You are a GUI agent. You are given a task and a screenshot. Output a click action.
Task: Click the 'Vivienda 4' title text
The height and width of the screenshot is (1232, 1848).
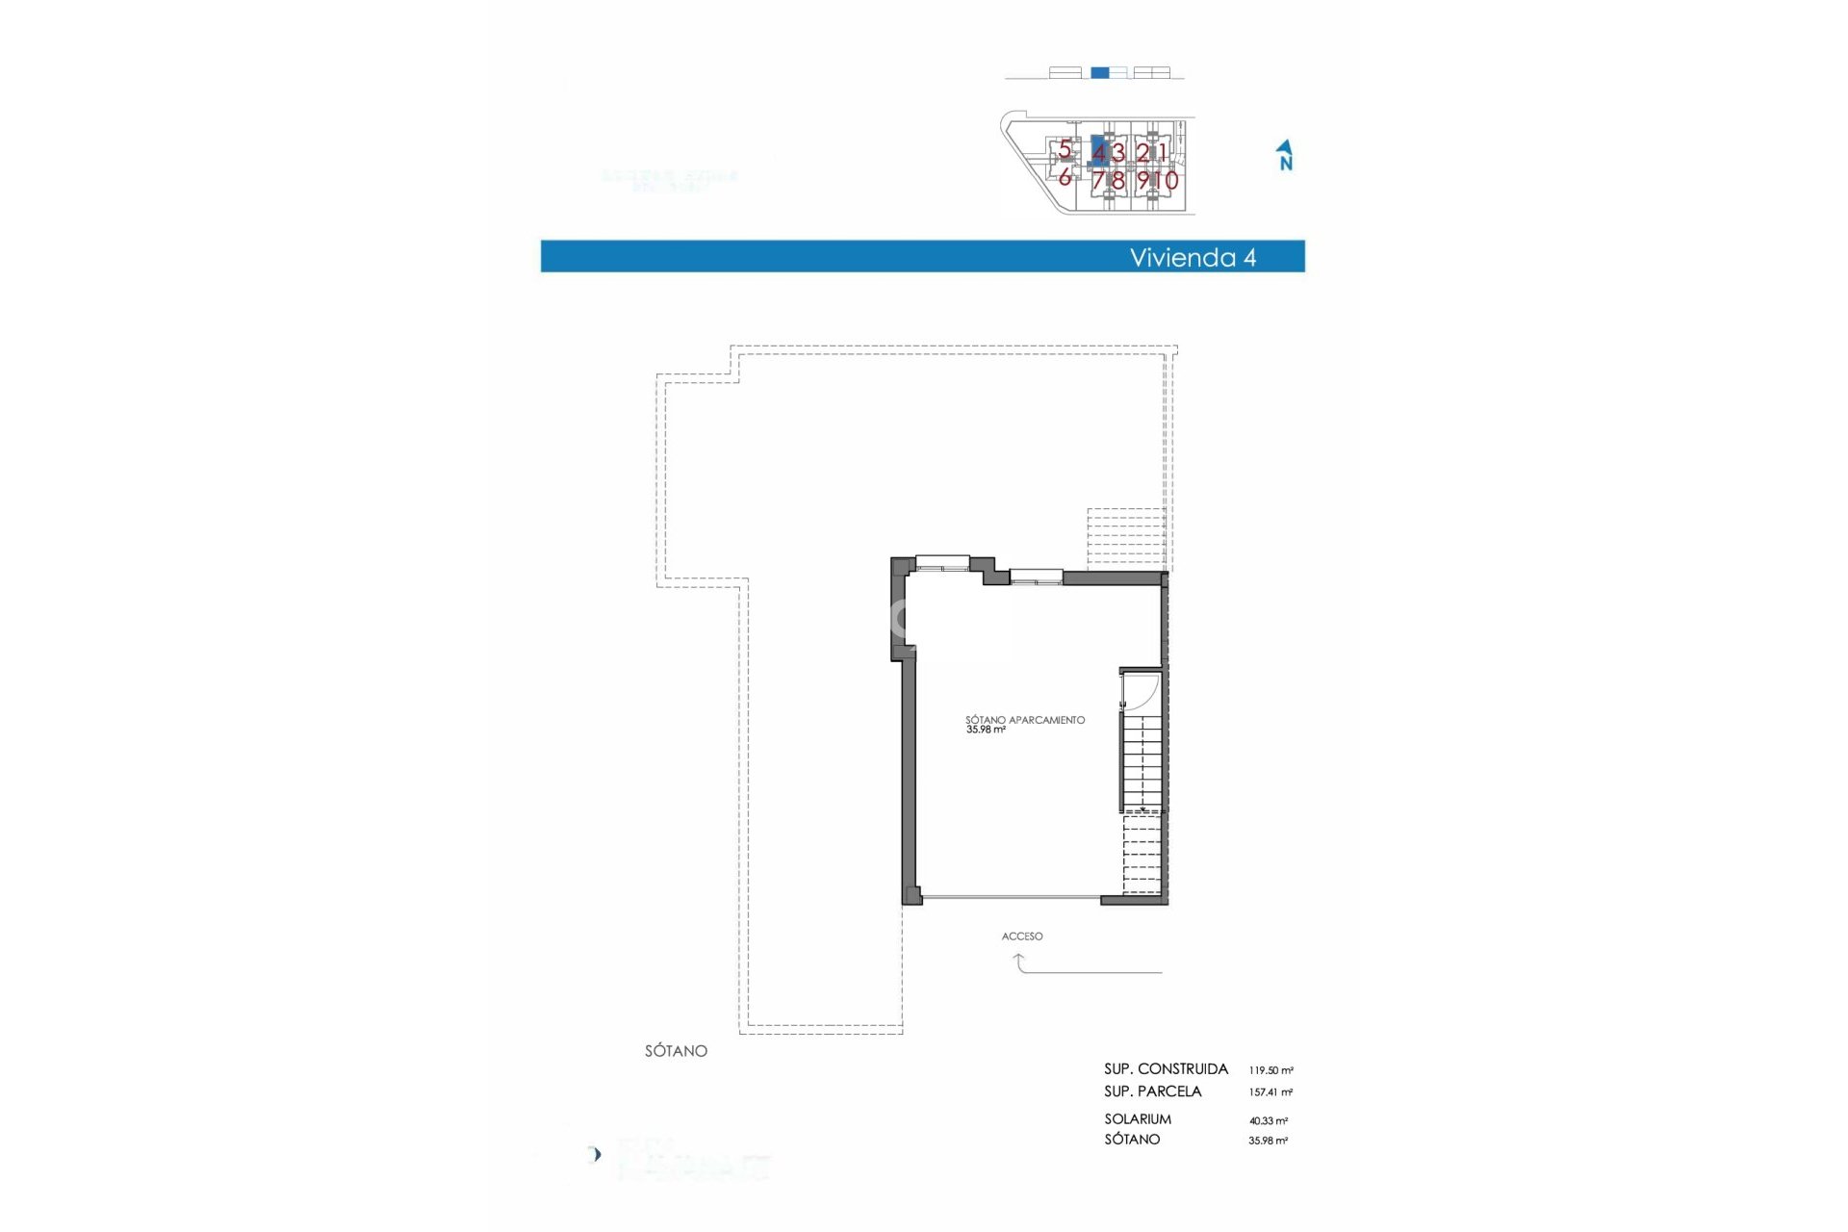[1193, 257]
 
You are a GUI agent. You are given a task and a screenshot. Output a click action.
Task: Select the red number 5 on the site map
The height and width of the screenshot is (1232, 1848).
[1065, 149]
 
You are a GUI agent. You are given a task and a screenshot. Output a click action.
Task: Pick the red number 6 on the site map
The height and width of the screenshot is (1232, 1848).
[1065, 178]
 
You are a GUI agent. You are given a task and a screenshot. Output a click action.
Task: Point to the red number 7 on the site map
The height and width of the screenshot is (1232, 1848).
[1098, 180]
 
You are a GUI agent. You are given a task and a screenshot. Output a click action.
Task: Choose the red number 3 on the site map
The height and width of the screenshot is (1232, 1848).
[1117, 152]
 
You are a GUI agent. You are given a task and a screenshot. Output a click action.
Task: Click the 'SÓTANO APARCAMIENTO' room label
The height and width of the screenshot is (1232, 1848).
[1025, 720]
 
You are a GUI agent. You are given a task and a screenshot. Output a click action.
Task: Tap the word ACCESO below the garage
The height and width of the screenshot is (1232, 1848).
[1022, 937]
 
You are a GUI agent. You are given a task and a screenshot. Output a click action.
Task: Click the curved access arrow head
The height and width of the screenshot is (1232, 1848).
[1018, 957]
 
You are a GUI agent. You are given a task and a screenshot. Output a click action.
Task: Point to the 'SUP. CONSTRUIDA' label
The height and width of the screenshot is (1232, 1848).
[1166, 1069]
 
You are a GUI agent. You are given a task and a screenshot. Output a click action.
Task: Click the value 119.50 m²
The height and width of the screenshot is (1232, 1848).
[1270, 1070]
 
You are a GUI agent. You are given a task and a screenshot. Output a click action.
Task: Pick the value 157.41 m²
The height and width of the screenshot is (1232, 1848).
[1270, 1092]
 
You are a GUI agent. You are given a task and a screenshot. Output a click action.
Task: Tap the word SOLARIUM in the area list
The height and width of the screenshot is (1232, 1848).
[1138, 1119]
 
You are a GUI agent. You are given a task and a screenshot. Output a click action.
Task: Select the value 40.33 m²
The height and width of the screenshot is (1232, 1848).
[1269, 1121]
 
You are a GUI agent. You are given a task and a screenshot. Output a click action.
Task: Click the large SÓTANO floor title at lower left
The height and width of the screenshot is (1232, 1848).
[676, 1051]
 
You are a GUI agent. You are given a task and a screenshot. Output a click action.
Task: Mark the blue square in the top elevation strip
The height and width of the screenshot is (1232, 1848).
[1100, 72]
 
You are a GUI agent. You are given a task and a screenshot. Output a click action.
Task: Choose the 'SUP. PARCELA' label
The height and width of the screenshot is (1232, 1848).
[1153, 1091]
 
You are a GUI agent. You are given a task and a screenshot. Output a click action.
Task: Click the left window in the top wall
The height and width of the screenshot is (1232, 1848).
[942, 562]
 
